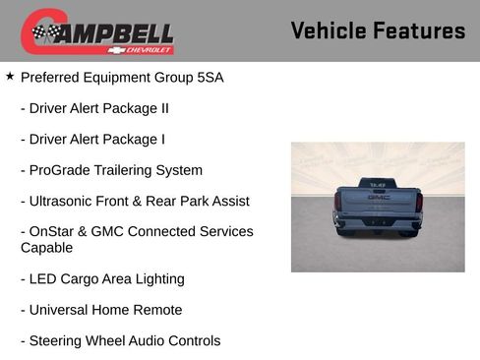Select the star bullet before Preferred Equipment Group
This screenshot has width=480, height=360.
pos(10,75)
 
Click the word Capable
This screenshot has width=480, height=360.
pos(47,248)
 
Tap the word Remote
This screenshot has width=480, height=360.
pos(157,310)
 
